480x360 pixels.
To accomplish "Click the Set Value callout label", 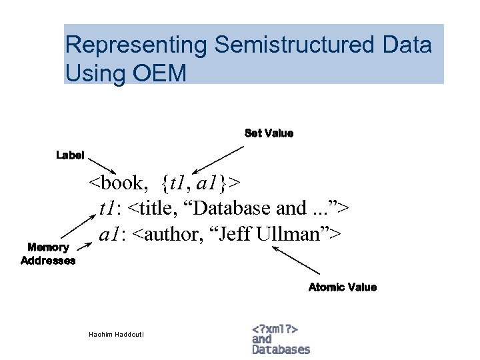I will [269, 133].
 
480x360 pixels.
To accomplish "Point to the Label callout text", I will [70, 155].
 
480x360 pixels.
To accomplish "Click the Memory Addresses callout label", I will [48, 254].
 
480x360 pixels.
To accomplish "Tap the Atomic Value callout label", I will [342, 287].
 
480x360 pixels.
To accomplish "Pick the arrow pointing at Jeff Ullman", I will [297, 261].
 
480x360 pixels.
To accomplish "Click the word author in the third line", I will [163, 235].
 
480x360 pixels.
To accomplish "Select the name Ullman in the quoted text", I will [301, 235].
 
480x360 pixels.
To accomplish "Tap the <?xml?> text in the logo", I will [275, 329].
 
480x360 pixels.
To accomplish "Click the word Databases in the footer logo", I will [281, 349].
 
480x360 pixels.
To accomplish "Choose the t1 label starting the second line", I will [107, 209].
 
